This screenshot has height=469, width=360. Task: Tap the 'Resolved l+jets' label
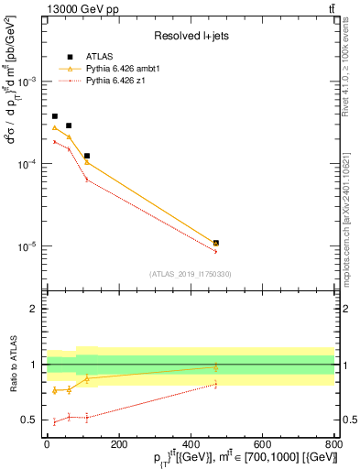pos(191,36)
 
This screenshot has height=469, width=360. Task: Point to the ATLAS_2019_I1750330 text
pos(191,274)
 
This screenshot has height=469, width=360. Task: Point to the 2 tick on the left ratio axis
pos(36,310)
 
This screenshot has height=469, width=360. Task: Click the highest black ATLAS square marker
pos(55,116)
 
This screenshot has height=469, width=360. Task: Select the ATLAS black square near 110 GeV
pos(87,156)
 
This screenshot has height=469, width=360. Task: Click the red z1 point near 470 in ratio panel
pos(216,384)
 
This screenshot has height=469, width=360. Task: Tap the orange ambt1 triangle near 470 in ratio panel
pos(216,367)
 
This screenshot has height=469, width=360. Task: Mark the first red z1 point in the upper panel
pos(55,142)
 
